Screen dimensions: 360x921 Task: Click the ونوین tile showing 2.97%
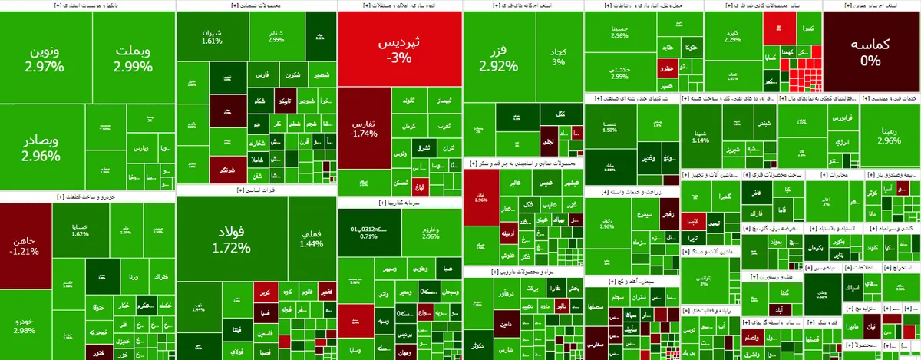coord(46,59)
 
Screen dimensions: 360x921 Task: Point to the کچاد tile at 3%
coord(558,57)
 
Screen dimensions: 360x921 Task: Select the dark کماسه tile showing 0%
coord(870,51)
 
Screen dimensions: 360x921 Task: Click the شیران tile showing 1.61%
coord(211,38)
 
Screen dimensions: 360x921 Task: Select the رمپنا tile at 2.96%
coord(889,135)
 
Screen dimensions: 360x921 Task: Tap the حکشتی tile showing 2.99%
coord(619,73)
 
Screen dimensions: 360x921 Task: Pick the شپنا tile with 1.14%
coord(700,136)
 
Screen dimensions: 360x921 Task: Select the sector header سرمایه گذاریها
coord(398,203)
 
